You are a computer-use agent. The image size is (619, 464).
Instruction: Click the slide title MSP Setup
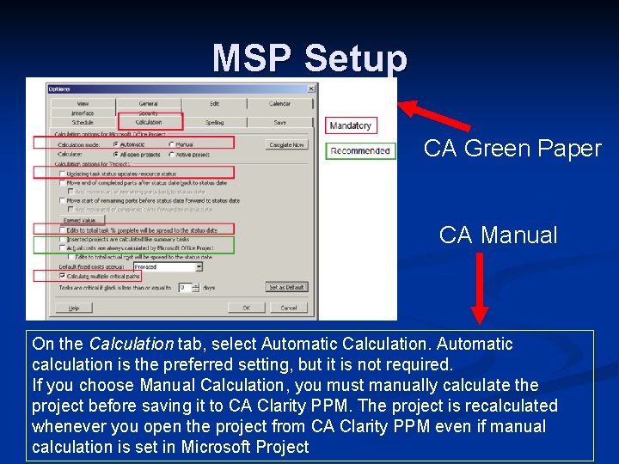[309, 58]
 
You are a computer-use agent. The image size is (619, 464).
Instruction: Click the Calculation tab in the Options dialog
[149, 123]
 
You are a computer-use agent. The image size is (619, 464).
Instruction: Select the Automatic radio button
[115, 144]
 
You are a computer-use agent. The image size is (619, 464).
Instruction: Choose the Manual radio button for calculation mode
[171, 144]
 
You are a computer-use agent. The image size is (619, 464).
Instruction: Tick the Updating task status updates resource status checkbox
[62, 174]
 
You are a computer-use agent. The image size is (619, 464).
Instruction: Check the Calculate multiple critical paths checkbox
[62, 276]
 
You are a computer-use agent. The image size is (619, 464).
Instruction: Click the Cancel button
[288, 308]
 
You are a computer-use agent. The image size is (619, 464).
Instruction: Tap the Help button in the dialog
[74, 308]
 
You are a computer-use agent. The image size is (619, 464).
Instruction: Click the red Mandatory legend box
[351, 125]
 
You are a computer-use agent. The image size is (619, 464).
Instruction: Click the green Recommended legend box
[360, 151]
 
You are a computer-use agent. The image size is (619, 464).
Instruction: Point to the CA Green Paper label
[512, 149]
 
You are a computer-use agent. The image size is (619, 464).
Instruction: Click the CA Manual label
[498, 235]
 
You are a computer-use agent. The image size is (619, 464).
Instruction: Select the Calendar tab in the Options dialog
[279, 104]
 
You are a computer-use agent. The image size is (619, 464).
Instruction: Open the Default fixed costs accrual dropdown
[199, 266]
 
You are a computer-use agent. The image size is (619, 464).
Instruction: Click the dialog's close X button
[311, 89]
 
